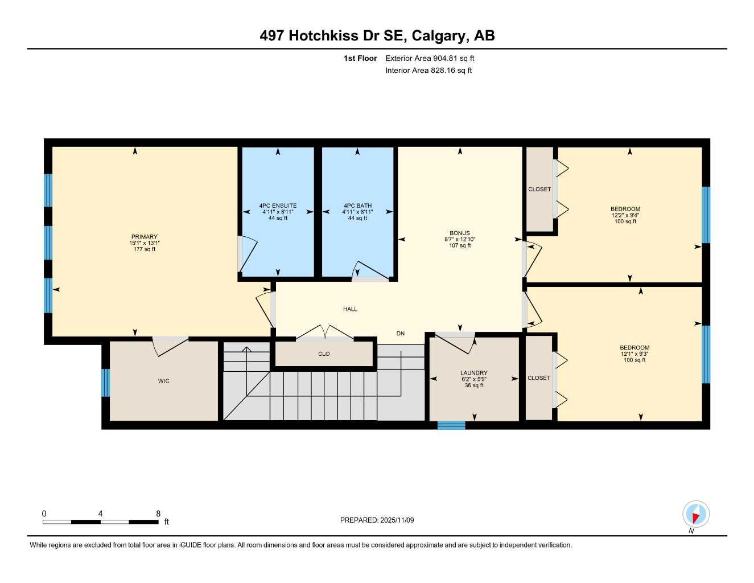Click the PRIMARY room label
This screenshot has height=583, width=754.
(x=144, y=237)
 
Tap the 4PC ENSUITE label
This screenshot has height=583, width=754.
(x=278, y=206)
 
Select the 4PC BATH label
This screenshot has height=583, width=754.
(x=357, y=206)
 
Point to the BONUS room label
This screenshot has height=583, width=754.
(x=460, y=233)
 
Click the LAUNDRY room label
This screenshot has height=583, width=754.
(x=474, y=373)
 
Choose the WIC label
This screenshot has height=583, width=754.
(x=164, y=381)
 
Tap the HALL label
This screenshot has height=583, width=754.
(x=350, y=309)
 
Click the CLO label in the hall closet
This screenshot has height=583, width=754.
(x=324, y=354)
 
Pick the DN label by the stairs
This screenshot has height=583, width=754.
(x=401, y=334)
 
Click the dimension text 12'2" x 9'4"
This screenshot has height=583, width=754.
(x=625, y=215)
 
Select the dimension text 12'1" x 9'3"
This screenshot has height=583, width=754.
(x=634, y=354)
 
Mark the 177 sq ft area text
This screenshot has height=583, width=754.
(x=144, y=249)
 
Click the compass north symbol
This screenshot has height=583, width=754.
(x=695, y=515)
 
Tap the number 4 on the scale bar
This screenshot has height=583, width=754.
(x=100, y=514)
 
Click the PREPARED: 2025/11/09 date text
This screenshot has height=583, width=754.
(x=377, y=520)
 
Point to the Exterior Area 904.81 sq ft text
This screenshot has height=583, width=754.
(x=430, y=58)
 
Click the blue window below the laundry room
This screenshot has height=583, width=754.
(x=451, y=425)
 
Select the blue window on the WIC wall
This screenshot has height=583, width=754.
(x=105, y=383)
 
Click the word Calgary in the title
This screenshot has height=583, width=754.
(x=438, y=36)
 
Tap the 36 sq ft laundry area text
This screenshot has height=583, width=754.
(x=474, y=385)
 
